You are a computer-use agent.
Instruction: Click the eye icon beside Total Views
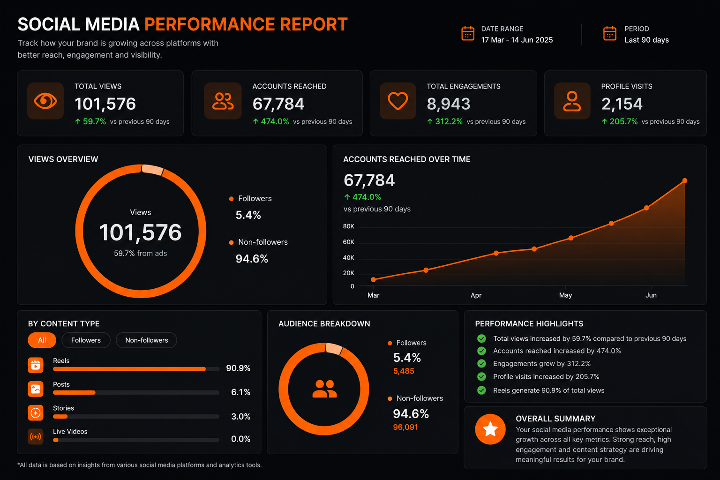click(x=45, y=101)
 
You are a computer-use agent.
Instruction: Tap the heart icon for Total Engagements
click(x=397, y=101)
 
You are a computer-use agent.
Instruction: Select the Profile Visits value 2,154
click(x=622, y=104)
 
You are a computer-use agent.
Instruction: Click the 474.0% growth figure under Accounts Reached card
click(x=275, y=121)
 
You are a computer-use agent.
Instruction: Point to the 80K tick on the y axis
click(x=348, y=226)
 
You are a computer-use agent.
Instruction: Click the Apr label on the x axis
click(x=476, y=295)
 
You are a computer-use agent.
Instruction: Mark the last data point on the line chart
click(x=685, y=180)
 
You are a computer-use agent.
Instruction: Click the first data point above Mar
click(x=373, y=280)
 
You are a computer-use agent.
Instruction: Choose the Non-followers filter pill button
click(x=147, y=340)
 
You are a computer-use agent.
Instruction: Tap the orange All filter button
click(x=42, y=340)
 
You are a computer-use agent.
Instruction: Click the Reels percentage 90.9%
click(x=238, y=368)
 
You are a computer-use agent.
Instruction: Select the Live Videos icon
click(x=35, y=436)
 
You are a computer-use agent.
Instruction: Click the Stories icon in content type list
click(x=35, y=413)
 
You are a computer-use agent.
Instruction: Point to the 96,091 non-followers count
click(x=405, y=427)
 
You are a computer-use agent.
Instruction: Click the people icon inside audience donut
click(x=324, y=389)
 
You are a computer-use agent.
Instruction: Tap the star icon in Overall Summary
click(x=490, y=429)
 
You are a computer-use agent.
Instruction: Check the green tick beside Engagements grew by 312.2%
click(x=481, y=364)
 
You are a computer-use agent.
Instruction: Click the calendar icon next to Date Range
click(x=468, y=33)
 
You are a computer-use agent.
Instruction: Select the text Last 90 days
click(x=646, y=40)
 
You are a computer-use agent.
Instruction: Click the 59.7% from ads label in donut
click(x=141, y=253)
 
